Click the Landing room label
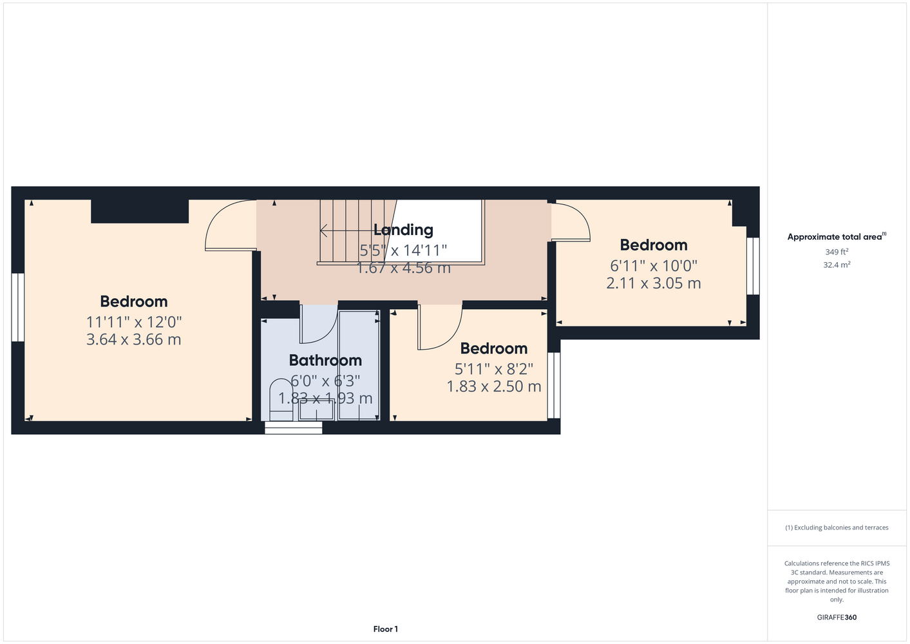pos(403,230)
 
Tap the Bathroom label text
pos(325,361)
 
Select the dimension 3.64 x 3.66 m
pos(134,339)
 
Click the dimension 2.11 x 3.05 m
pos(654,283)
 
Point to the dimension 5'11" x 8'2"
pos(493,369)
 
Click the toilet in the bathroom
pos(281,400)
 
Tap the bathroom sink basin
pos(316,410)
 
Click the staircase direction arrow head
pos(323,231)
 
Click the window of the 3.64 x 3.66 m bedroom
pos(18,307)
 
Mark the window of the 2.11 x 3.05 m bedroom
pos(753,266)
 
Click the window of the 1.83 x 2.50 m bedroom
pos(554,386)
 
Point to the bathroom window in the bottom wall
pos(293,428)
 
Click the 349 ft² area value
pos(837,252)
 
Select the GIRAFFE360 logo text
pos(837,617)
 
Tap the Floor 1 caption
pos(386,629)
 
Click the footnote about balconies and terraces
pos(837,527)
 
